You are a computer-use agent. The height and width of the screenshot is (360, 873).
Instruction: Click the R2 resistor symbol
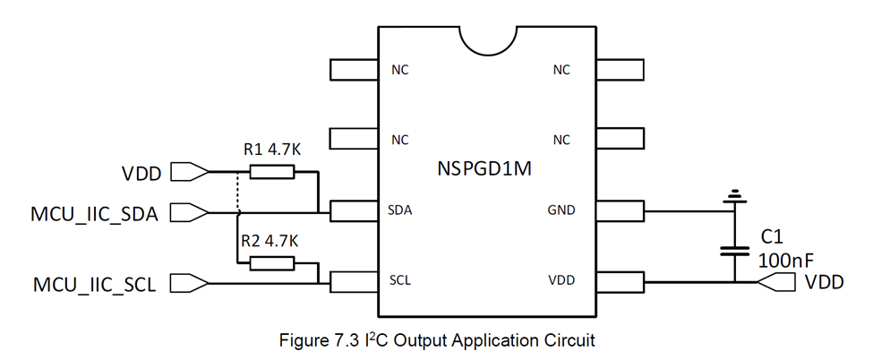[272, 263]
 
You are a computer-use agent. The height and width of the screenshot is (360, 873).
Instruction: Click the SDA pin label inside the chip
[400, 210]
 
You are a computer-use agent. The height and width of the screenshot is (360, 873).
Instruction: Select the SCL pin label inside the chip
[399, 280]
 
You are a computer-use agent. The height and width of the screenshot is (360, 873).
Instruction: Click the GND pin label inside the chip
[561, 210]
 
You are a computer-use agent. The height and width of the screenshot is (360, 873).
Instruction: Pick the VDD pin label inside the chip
[561, 280]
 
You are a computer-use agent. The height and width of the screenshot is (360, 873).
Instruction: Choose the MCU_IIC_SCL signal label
[91, 284]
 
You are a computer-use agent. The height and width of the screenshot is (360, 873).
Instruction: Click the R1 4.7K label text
[272, 150]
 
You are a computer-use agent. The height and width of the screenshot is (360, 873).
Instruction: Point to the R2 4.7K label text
[270, 241]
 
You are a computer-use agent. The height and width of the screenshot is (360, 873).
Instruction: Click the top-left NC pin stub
[354, 69]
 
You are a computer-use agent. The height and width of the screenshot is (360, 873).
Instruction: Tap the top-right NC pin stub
[621, 69]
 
